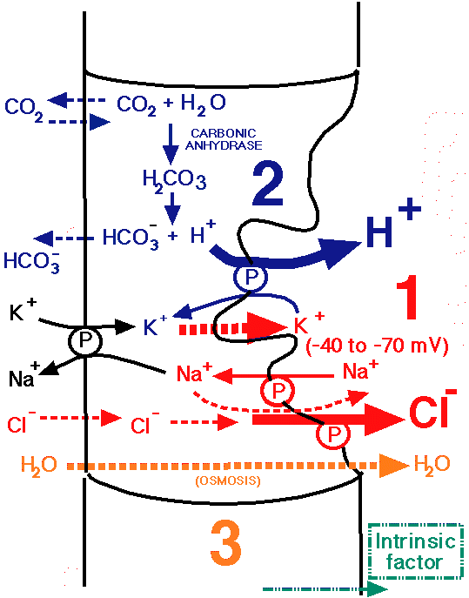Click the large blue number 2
(x=268, y=185)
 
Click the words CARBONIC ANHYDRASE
(x=224, y=139)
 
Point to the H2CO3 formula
(x=174, y=181)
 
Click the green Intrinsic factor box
(x=415, y=551)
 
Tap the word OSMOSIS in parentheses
(x=228, y=480)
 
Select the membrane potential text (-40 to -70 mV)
(x=377, y=346)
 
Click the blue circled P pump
(x=250, y=278)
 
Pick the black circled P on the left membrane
(x=85, y=340)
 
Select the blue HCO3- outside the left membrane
(x=31, y=261)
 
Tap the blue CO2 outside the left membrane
(x=23, y=109)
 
